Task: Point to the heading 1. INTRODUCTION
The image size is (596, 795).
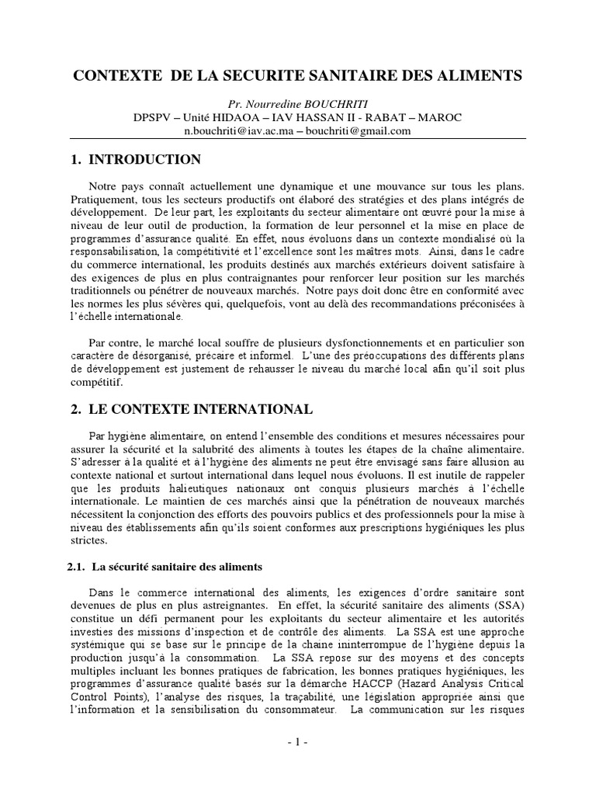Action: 135,160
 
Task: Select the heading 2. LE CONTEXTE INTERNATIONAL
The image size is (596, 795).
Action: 190,408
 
